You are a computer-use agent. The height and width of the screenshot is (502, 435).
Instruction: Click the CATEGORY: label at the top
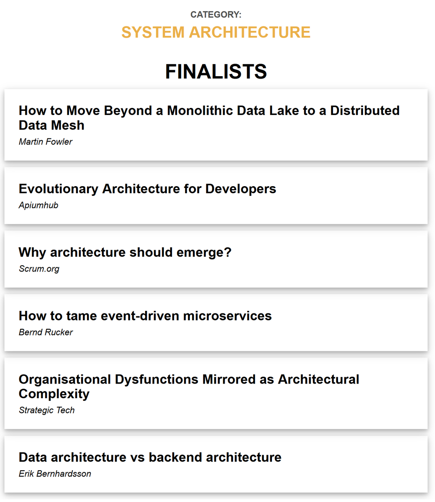pyautogui.click(x=216, y=15)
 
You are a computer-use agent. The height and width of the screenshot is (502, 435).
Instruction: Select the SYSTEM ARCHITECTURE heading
pyautogui.click(x=216, y=32)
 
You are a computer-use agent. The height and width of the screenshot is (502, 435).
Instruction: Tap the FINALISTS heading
pyautogui.click(x=216, y=72)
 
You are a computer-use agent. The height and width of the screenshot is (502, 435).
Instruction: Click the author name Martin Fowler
pyautogui.click(x=46, y=142)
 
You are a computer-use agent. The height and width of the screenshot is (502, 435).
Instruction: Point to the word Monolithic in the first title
pyautogui.click(x=200, y=110)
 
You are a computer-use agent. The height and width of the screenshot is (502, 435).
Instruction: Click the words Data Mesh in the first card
pyautogui.click(x=51, y=125)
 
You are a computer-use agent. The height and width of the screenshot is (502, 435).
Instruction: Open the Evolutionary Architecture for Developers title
pyautogui.click(x=147, y=189)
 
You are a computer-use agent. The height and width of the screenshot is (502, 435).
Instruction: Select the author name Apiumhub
pyautogui.click(x=38, y=205)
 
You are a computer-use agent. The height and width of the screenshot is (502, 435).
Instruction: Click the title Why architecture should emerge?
pyautogui.click(x=125, y=252)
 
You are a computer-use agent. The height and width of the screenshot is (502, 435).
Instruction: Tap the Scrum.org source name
pyautogui.click(x=39, y=269)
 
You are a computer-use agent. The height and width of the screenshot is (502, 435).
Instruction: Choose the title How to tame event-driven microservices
pyautogui.click(x=145, y=316)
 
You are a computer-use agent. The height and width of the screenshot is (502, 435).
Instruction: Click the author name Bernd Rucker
pyautogui.click(x=46, y=333)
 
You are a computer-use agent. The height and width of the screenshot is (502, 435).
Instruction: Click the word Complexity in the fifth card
pyautogui.click(x=54, y=394)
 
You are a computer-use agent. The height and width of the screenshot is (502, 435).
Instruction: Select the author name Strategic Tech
pyautogui.click(x=46, y=410)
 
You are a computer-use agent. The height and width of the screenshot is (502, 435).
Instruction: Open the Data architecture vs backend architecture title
pyautogui.click(x=150, y=457)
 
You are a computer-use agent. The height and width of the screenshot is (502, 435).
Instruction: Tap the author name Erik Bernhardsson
pyautogui.click(x=55, y=474)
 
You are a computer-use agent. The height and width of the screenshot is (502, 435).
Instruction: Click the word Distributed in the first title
pyautogui.click(x=365, y=110)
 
